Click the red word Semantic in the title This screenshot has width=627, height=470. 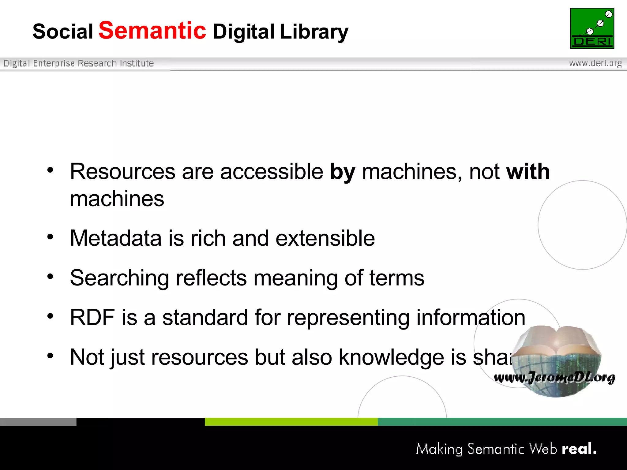coord(152,31)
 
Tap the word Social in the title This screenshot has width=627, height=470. coord(63,32)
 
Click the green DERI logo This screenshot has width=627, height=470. coord(592,28)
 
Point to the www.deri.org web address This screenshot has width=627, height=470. coord(595,63)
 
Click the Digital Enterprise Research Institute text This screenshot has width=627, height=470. coord(79,63)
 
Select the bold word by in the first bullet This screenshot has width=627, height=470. coord(343,172)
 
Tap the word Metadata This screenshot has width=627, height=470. coord(116,238)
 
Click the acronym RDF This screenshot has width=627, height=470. coord(92,317)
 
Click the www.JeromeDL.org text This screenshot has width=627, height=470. coord(554,378)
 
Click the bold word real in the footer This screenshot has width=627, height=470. coord(579,449)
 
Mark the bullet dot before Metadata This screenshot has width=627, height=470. coord(50,237)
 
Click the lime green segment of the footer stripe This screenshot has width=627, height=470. coord(291,422)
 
